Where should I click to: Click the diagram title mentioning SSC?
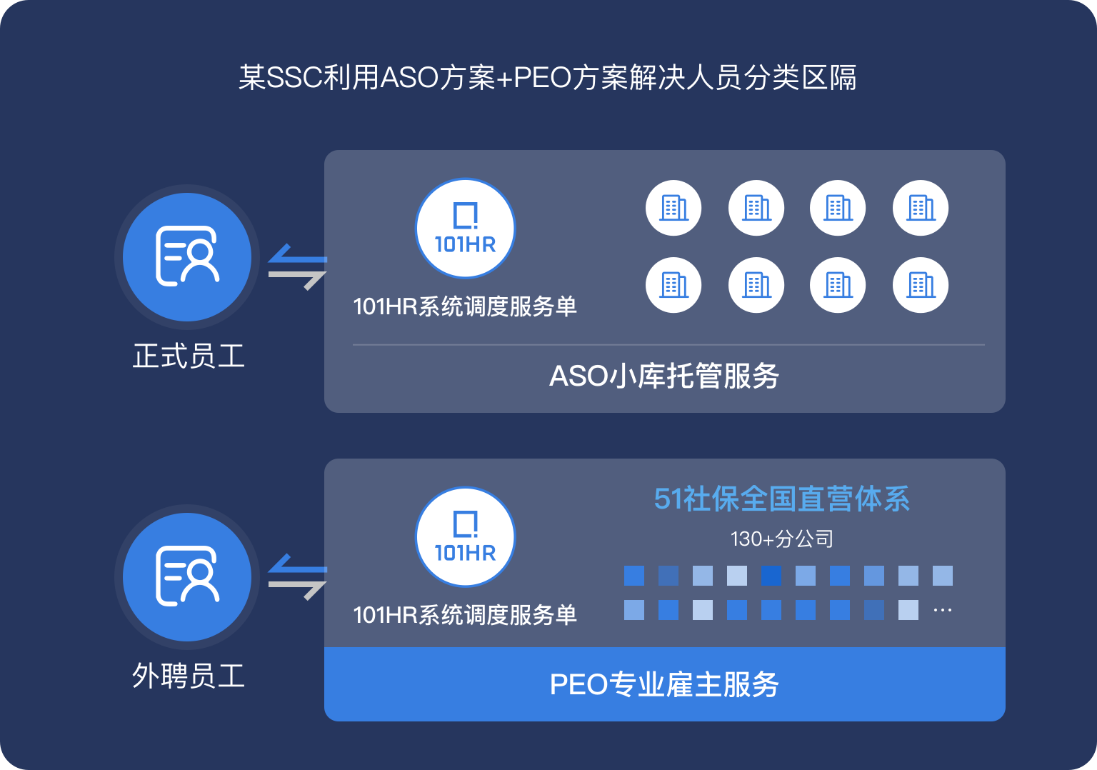(x=548, y=78)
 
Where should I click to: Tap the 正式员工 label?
(x=189, y=356)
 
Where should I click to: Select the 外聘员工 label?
(x=189, y=676)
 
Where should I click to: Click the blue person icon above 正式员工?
(x=187, y=256)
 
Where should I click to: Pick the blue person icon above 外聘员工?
(x=187, y=576)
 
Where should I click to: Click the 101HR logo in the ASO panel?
(x=465, y=229)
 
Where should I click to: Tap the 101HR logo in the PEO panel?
(x=465, y=537)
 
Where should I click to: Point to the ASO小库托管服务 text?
(x=664, y=376)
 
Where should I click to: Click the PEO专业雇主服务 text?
(x=664, y=684)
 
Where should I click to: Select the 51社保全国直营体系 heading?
(x=782, y=499)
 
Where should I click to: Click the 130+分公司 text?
(x=782, y=539)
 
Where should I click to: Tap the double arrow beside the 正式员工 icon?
(x=297, y=267)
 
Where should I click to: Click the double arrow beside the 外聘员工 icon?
(x=297, y=577)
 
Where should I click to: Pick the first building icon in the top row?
(x=673, y=208)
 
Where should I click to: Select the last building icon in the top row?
(x=921, y=208)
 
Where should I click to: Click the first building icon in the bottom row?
(x=673, y=285)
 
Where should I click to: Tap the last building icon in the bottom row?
(x=921, y=285)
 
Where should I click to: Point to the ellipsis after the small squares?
(x=943, y=611)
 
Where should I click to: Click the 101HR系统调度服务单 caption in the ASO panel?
(x=465, y=306)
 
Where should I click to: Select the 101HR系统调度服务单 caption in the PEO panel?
(x=465, y=615)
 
